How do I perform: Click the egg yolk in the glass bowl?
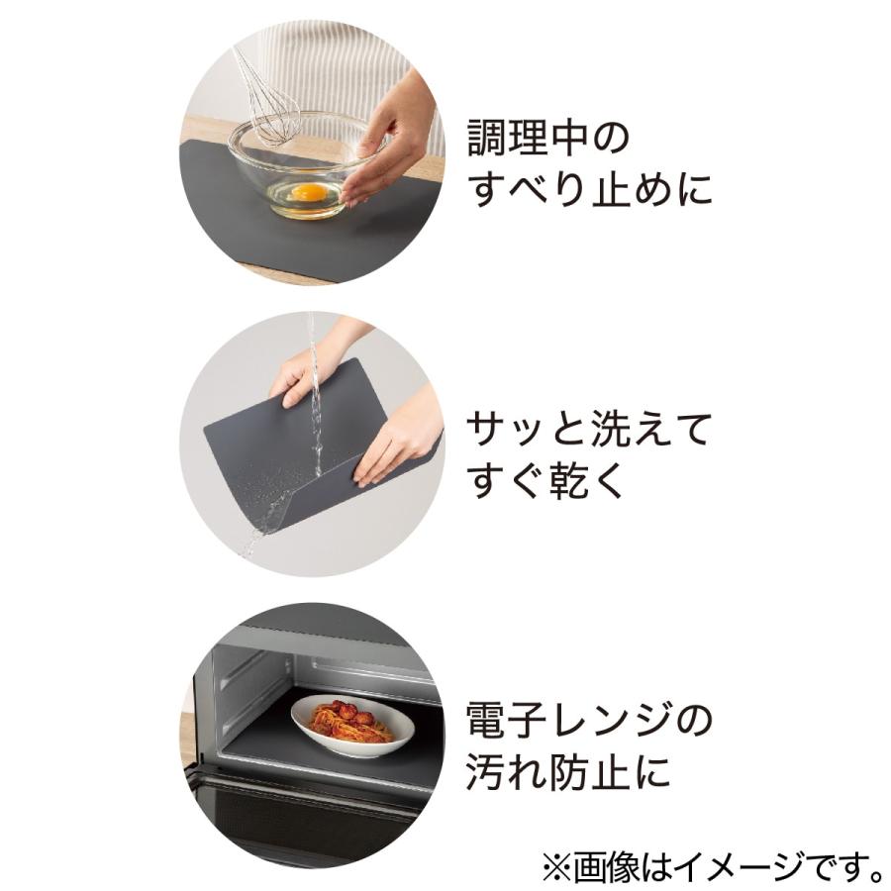(310, 191)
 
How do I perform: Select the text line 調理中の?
(547, 139)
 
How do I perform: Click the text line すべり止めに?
(591, 190)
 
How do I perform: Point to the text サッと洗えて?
(589, 432)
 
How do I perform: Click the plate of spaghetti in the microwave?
(351, 728)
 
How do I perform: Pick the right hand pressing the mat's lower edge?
(396, 441)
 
